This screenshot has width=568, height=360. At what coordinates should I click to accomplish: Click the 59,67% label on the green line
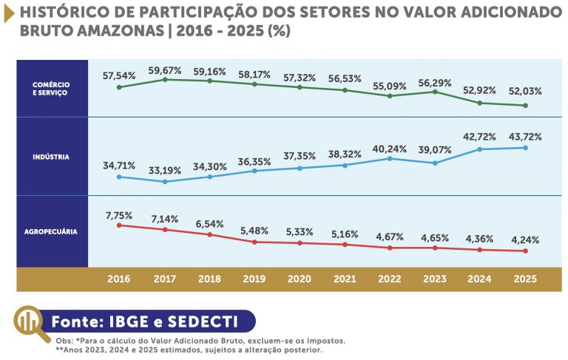(x=165, y=70)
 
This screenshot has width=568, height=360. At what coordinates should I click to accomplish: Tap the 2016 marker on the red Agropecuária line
(x=119, y=225)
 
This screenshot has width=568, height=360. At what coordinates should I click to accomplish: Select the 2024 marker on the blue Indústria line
(x=480, y=149)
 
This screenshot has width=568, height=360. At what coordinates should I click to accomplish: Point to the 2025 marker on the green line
(x=525, y=106)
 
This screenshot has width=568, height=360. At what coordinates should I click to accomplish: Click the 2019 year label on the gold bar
(x=254, y=279)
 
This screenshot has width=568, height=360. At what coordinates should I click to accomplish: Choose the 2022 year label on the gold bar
(x=389, y=279)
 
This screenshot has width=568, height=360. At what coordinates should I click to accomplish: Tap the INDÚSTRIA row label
(x=52, y=157)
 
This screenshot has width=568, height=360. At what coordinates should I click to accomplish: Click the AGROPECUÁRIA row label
(x=52, y=231)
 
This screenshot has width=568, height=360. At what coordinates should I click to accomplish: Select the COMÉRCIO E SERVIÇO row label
(x=52, y=89)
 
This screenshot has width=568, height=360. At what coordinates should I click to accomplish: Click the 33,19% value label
(x=165, y=171)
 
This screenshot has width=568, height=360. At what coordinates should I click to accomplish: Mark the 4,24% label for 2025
(x=525, y=240)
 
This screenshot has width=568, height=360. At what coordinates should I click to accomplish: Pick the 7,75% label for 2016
(x=119, y=215)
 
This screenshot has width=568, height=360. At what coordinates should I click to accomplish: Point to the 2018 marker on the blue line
(x=210, y=177)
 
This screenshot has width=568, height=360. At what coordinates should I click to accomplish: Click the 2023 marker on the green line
(x=435, y=92)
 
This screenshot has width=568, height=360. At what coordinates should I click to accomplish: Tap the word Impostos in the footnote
(x=323, y=341)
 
